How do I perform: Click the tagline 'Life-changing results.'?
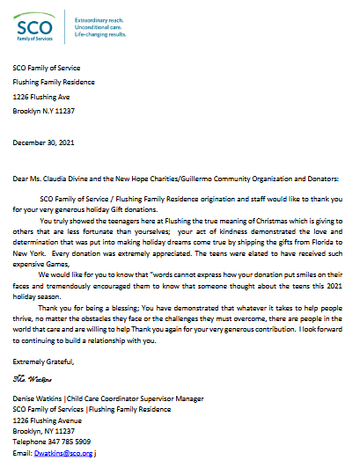click(100, 34)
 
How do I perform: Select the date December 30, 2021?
click(44, 141)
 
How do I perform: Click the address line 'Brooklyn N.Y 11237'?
click(47, 112)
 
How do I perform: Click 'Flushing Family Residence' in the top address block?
click(53, 83)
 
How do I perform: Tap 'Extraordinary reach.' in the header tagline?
click(99, 18)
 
